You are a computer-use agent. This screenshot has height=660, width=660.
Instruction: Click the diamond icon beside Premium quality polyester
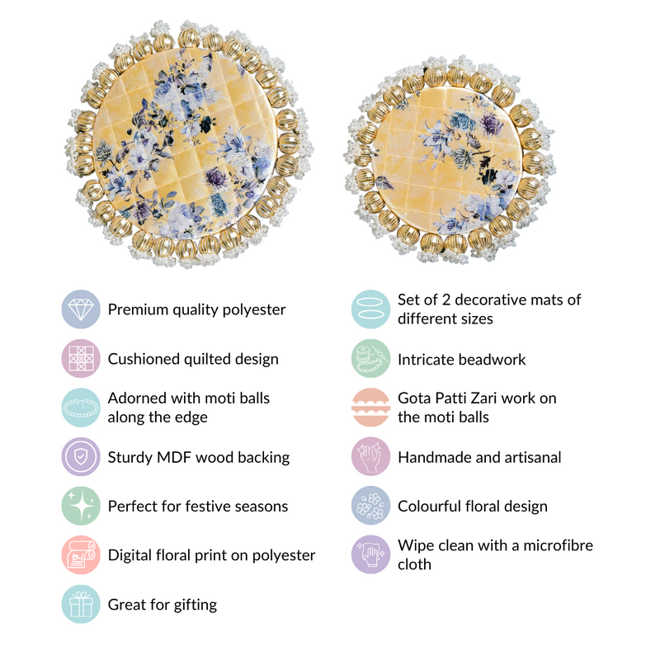coord(81,309)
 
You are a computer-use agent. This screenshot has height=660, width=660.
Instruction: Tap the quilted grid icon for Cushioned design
coord(81,359)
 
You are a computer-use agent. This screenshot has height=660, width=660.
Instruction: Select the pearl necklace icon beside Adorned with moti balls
coord(81,408)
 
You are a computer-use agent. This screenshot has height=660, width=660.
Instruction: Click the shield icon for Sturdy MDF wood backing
coord(81,457)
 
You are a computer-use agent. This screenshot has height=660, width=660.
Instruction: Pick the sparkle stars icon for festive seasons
coord(81,506)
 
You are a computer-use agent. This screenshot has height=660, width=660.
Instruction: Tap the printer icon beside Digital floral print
coord(81,554)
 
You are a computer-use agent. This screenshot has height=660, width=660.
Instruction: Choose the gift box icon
coord(81,604)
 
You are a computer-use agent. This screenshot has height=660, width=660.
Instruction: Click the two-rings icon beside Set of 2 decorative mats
coord(370,309)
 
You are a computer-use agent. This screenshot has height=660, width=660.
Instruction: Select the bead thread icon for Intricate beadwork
coord(370,359)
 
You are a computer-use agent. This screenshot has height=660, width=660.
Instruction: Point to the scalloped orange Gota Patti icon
coord(370,408)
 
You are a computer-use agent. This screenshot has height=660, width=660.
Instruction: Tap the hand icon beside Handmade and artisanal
coord(370,457)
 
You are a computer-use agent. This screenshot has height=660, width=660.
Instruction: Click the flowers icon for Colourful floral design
coord(370,506)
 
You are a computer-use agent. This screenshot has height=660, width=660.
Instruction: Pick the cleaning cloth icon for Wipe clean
coord(370,554)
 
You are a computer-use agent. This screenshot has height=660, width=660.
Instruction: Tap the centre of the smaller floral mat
coord(449,159)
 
